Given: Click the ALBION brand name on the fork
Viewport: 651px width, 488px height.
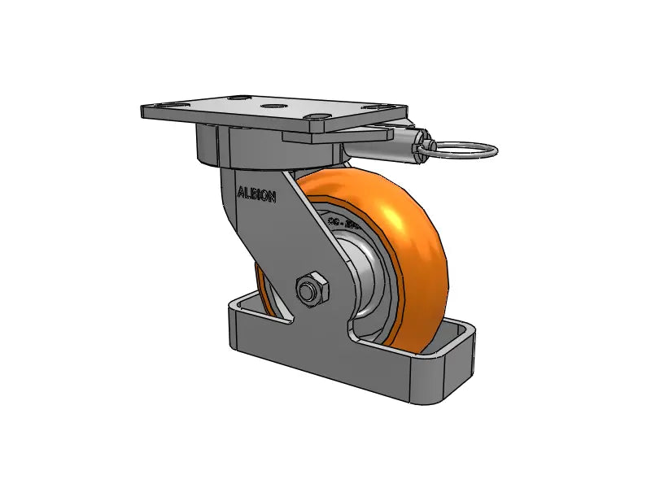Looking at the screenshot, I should (256, 194).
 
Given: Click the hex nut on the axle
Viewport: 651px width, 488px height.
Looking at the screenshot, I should (310, 289).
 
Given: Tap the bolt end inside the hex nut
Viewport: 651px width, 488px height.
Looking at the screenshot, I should (308, 289).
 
